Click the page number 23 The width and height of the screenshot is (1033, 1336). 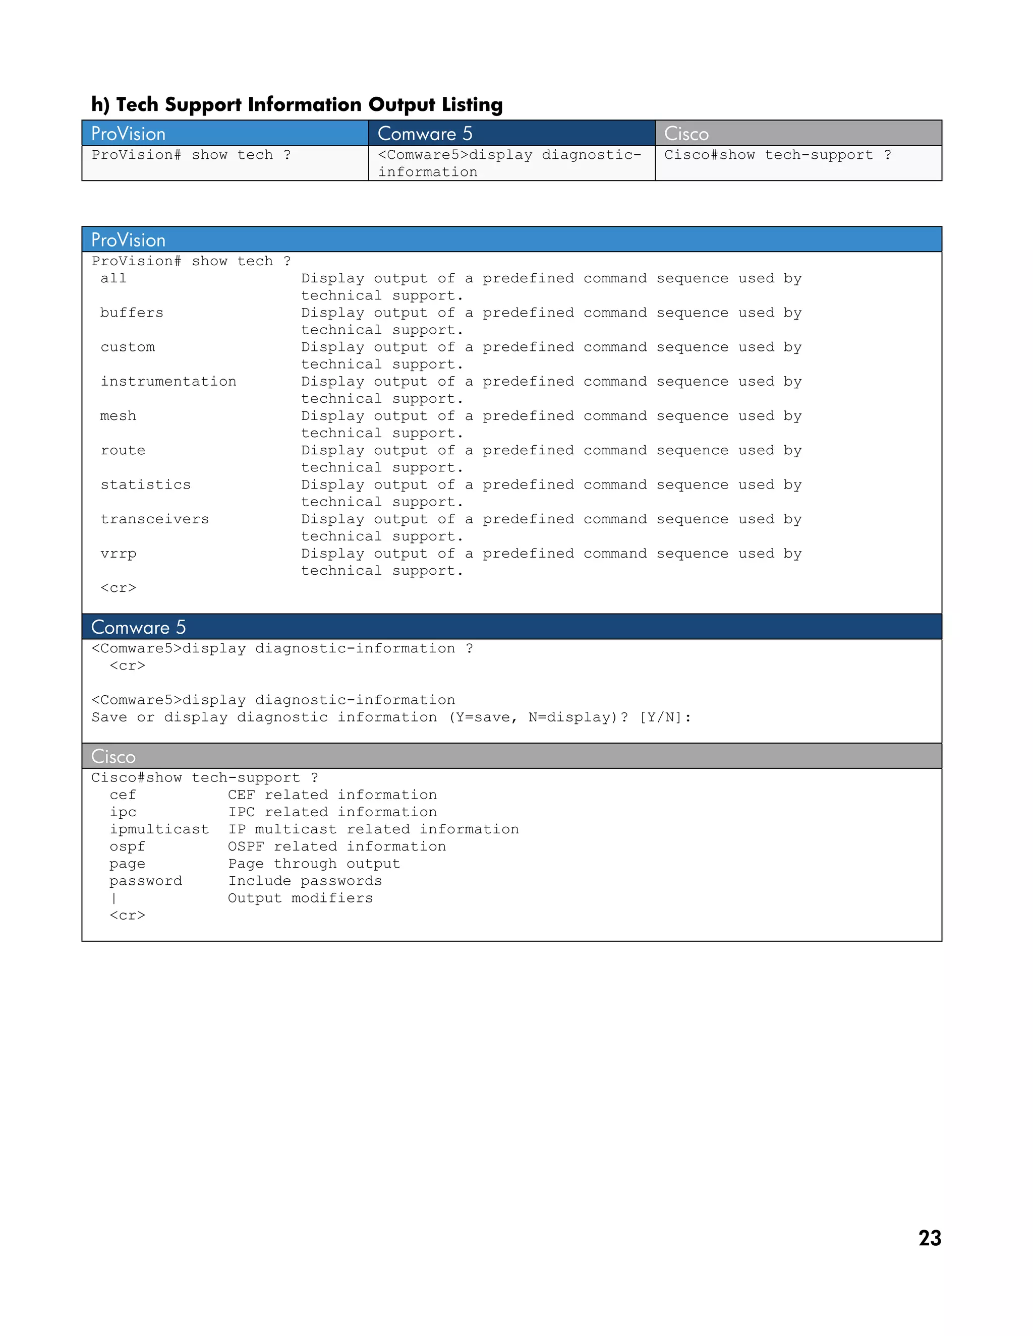point(930,1238)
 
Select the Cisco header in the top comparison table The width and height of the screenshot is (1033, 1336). point(686,134)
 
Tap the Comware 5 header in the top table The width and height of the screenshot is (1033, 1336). point(425,134)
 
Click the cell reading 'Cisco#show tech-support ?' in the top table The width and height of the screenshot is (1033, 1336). point(777,155)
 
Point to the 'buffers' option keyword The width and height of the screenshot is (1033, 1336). point(132,313)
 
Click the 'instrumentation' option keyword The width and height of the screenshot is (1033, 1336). point(168,382)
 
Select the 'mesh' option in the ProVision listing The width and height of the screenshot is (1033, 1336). point(118,416)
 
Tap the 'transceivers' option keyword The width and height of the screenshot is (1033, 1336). point(154,519)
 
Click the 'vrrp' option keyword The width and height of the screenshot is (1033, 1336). point(118,554)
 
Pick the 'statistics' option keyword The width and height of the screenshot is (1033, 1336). point(146,485)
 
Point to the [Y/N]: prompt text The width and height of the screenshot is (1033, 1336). point(665,717)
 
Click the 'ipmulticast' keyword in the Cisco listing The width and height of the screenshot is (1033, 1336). point(159,829)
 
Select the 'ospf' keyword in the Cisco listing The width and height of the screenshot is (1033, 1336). point(127,846)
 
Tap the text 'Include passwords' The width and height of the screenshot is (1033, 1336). point(305,881)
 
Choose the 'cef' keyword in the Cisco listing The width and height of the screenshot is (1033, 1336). point(123,795)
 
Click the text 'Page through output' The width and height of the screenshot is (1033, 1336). point(314,864)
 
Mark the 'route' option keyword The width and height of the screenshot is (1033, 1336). point(123,451)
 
